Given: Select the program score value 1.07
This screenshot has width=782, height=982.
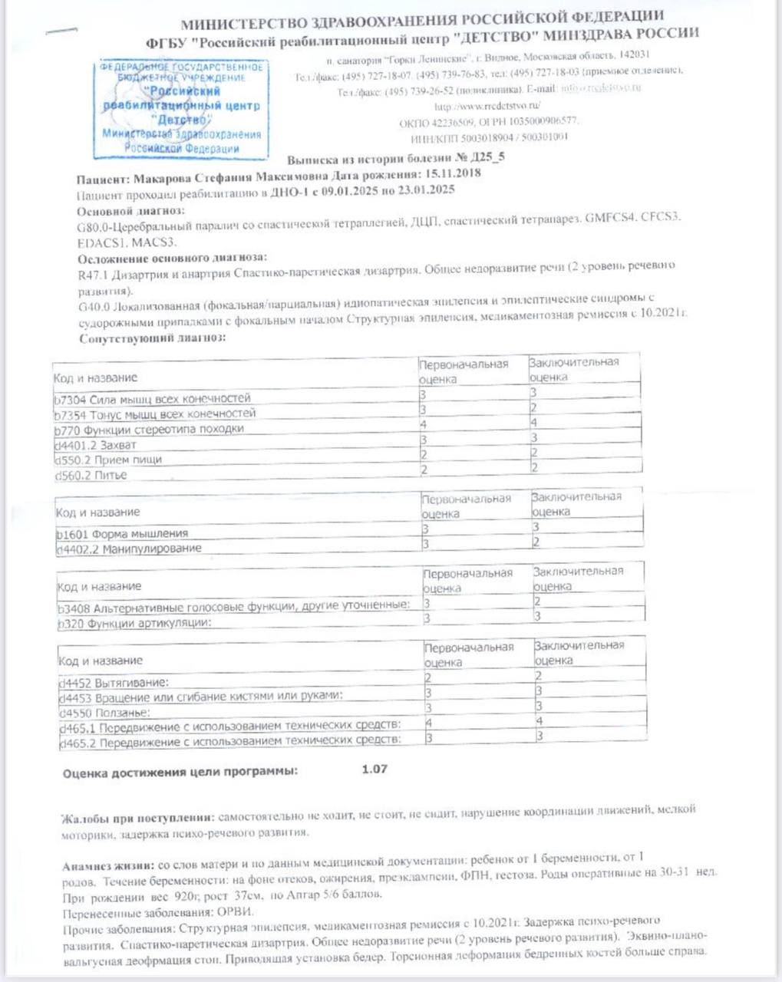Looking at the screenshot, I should pos(375,769).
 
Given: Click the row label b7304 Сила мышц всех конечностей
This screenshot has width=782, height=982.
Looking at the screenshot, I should pos(153,398).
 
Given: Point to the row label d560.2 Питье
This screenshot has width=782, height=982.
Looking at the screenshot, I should pos(91,475).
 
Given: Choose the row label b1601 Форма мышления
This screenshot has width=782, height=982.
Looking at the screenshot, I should pos(122,533).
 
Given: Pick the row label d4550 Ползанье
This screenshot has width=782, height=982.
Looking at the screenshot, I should pos(105,713).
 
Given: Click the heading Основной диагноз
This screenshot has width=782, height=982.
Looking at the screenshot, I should pos(130,210).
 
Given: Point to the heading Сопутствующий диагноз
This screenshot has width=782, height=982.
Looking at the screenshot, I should pos(152,338).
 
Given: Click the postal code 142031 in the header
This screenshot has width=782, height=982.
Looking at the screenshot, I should pos(634,55).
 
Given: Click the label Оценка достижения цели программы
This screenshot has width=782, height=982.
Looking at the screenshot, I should pos(180,773).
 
